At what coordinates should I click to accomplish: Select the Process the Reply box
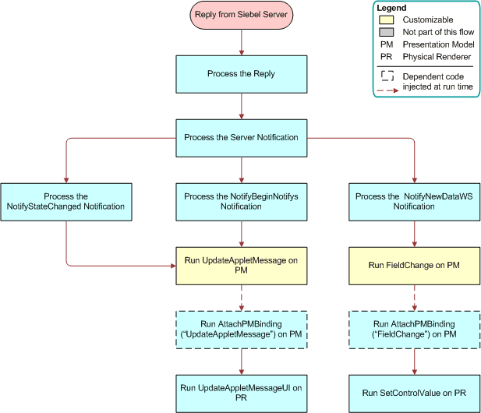click(241, 74)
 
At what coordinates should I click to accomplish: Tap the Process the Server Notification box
click(241, 137)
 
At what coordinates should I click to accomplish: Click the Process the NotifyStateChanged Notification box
click(66, 202)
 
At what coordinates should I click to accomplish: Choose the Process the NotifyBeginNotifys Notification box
click(241, 202)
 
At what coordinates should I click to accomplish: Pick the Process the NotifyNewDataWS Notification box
click(414, 202)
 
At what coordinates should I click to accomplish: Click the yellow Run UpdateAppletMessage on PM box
click(241, 265)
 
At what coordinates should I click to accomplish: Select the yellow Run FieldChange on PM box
click(414, 265)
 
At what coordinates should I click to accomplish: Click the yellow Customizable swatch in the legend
click(387, 19)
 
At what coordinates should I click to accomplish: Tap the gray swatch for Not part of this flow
click(387, 32)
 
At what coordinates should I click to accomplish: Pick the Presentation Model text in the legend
click(437, 44)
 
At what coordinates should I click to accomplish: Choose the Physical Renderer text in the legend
click(436, 57)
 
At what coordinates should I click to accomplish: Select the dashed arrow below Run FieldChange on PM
click(414, 296)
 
